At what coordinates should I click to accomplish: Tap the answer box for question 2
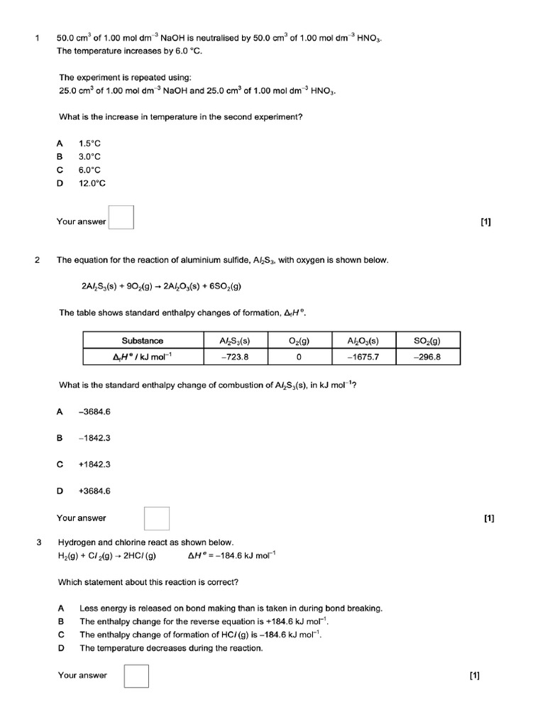[157, 518]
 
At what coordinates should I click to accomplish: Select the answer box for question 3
[136, 676]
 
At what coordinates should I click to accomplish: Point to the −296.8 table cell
[426, 357]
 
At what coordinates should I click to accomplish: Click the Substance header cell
[143, 341]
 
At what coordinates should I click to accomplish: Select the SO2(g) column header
[426, 341]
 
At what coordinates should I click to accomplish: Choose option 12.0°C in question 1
[92, 183]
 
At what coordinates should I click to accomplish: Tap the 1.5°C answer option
[90, 143]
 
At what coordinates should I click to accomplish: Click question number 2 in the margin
[37, 260]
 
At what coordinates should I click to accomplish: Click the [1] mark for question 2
[489, 518]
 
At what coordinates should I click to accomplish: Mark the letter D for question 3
[62, 648]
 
